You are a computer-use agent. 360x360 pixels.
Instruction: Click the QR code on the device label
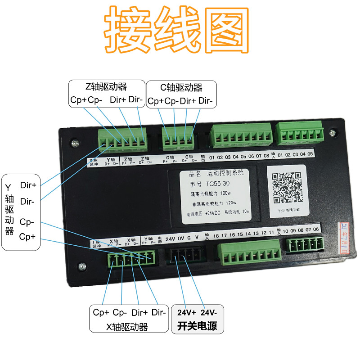287,187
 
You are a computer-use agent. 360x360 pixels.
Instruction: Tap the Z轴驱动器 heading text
106,87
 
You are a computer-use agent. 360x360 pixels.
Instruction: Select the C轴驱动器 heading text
181,87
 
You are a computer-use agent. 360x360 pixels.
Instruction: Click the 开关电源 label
198,325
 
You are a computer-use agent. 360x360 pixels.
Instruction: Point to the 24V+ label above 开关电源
186,312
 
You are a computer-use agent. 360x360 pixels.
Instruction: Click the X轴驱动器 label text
127,327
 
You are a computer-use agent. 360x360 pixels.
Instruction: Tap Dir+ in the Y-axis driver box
28,184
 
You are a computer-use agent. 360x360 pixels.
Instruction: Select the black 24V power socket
185,256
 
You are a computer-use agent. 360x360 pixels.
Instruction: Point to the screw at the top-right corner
332,133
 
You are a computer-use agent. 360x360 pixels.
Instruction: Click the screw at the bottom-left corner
81,267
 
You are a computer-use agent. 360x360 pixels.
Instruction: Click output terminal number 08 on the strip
266,157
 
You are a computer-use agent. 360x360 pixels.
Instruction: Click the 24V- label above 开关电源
209,312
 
